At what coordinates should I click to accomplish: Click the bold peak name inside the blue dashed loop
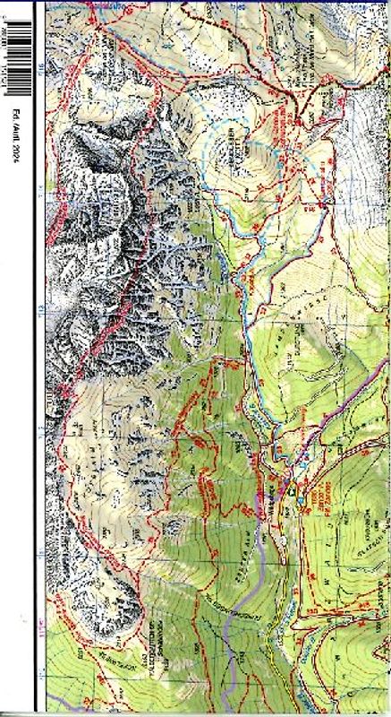tap(234, 144)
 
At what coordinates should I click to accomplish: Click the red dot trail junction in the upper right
tap(323, 206)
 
